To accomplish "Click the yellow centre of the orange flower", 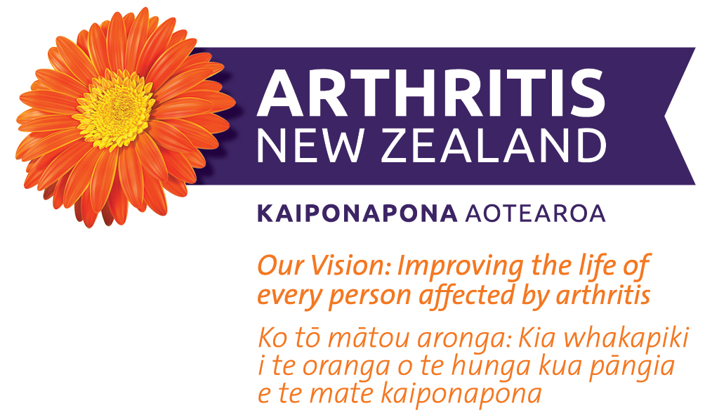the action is click(x=115, y=110).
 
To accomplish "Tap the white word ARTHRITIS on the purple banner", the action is click(x=431, y=93).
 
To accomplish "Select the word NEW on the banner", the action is click(x=310, y=145).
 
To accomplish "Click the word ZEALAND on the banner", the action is click(x=494, y=145).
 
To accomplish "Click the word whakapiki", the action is click(x=626, y=339).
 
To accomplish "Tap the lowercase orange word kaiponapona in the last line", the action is click(x=461, y=395).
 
